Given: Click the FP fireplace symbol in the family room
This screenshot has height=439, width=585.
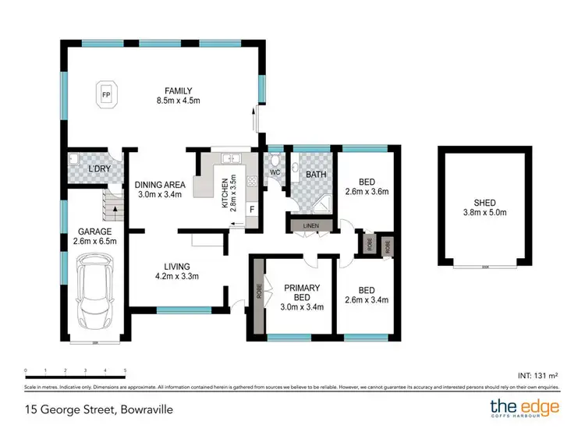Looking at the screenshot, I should click(x=106, y=96).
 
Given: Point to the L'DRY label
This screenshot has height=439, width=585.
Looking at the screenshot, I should click(x=99, y=169).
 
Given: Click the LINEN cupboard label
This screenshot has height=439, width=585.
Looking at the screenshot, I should click(x=310, y=226).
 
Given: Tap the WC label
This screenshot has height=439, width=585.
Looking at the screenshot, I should click(x=275, y=172).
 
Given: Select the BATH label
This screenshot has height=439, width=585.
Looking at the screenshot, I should click(x=316, y=175).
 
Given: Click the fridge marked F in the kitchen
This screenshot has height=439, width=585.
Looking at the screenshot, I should click(x=251, y=209).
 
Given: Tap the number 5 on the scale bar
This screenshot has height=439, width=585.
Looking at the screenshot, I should click(x=126, y=370).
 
